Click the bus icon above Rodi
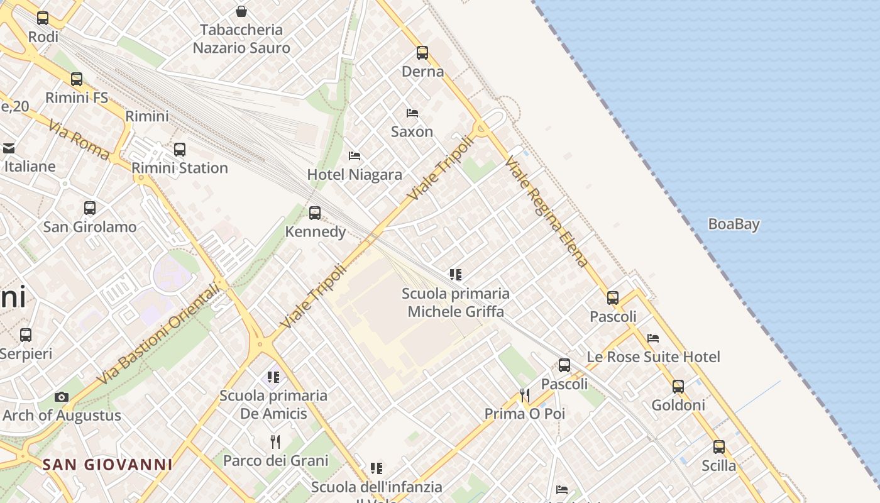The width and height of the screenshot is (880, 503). tap(43, 18)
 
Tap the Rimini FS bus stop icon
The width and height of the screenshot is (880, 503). tap(77, 79)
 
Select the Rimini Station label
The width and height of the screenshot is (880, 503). tap(180, 168)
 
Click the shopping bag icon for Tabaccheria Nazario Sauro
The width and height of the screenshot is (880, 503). tap(241, 11)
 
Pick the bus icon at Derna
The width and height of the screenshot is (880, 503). tap(422, 53)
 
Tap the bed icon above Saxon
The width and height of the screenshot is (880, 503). tap(412, 113)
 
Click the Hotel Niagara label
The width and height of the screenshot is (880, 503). tap(355, 174)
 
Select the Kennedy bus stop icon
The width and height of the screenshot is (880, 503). tap(315, 213)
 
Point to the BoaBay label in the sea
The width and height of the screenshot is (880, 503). tap(734, 224)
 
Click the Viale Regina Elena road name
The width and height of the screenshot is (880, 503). tap(546, 213)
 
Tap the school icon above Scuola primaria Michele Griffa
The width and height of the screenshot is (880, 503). tap(456, 274)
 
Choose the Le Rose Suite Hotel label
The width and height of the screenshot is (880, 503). tap(653, 357)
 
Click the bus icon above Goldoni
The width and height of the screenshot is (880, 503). tap(678, 387)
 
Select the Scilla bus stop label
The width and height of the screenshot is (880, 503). tap(718, 465)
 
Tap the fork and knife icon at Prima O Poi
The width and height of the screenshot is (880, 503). tap(524, 395)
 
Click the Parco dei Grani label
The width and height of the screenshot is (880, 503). tap(275, 460)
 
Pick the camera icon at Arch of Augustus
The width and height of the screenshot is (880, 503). tap(62, 397)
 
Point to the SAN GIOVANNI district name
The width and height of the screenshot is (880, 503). tap(107, 465)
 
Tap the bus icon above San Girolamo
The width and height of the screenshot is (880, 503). tap(90, 208)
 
